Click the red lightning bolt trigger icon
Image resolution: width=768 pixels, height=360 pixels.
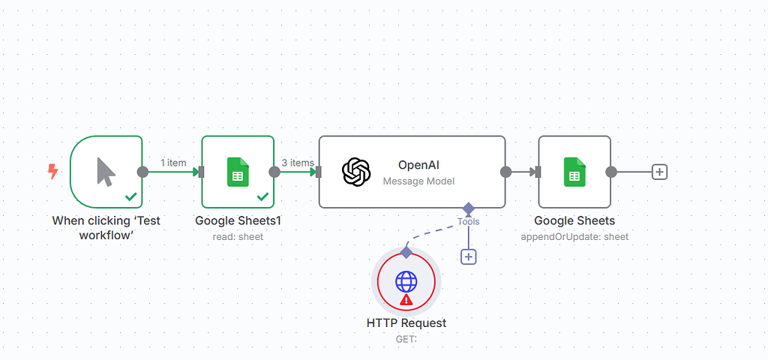point(53,172)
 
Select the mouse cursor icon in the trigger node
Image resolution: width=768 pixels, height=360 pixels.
point(106,172)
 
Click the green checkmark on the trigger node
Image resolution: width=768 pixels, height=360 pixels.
point(131,196)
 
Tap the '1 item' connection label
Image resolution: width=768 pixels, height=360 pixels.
point(173,163)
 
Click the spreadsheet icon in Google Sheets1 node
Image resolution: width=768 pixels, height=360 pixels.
point(238,172)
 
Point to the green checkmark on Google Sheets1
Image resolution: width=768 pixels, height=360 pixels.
point(262,196)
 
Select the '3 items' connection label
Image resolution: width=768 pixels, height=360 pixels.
point(298,163)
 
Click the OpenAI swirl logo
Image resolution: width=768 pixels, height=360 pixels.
point(356,172)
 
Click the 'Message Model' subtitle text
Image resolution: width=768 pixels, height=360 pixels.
point(418,181)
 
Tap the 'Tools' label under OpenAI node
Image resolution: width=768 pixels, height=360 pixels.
point(469,221)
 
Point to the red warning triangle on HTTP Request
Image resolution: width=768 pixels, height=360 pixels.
point(406,300)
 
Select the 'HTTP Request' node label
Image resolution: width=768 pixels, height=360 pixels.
point(406,323)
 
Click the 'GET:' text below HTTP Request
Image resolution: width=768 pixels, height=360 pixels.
point(406,339)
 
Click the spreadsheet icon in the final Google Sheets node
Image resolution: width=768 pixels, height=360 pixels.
point(574,172)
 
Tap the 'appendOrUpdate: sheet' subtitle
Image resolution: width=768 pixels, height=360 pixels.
point(574,236)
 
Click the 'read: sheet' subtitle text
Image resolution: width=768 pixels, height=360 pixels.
point(238,236)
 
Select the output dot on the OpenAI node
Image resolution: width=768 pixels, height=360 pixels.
point(506,172)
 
